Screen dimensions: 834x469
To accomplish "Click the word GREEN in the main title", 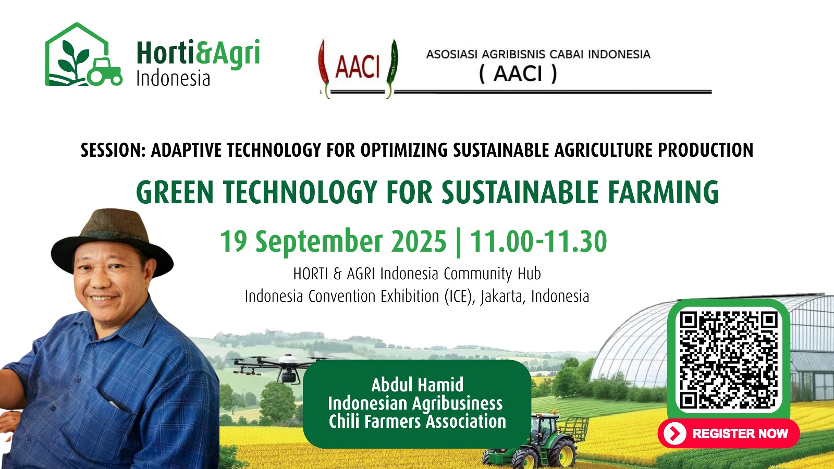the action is (x=175, y=192).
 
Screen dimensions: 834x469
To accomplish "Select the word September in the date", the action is (x=319, y=241).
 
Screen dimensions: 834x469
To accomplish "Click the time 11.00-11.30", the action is (x=538, y=241).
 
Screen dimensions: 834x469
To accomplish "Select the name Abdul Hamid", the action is (x=418, y=385).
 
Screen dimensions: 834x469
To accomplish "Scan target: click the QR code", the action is (x=729, y=360).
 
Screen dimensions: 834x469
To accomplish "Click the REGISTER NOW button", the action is (x=729, y=433).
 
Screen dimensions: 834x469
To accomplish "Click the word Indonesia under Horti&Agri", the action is (x=173, y=79).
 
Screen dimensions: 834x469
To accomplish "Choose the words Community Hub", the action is (x=492, y=274).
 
